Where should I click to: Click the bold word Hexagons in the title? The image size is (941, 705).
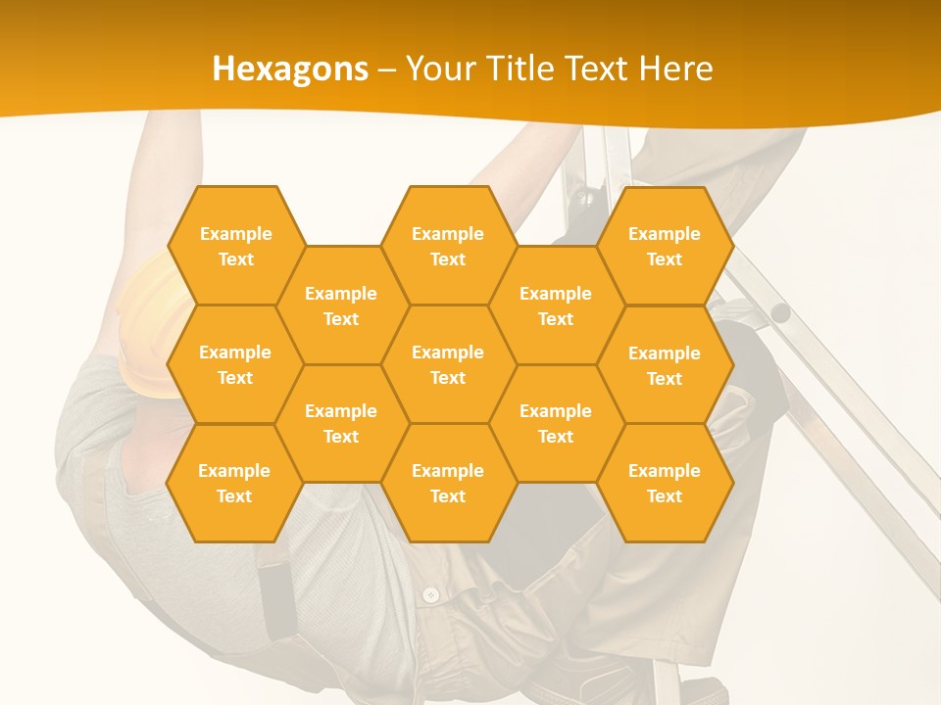(290, 69)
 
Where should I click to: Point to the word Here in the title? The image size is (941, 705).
(675, 69)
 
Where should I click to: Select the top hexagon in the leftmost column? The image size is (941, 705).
(235, 246)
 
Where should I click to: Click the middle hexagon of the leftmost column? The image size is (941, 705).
(235, 364)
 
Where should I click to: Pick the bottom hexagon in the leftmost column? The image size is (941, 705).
(234, 483)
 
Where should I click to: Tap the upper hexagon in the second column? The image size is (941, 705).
(341, 305)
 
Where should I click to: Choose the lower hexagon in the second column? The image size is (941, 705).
(341, 423)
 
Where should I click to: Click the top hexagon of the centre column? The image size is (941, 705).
(448, 246)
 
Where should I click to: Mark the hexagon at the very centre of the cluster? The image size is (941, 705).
(448, 364)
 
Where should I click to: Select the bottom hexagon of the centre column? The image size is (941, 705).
(448, 483)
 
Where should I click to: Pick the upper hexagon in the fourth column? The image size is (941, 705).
(556, 305)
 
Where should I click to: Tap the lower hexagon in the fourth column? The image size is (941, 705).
(556, 423)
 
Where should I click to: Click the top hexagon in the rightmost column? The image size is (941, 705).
(665, 246)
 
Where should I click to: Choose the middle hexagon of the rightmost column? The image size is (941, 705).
(665, 365)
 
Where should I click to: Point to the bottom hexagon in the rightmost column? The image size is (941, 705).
(665, 483)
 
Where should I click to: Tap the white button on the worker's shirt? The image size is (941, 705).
(430, 594)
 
